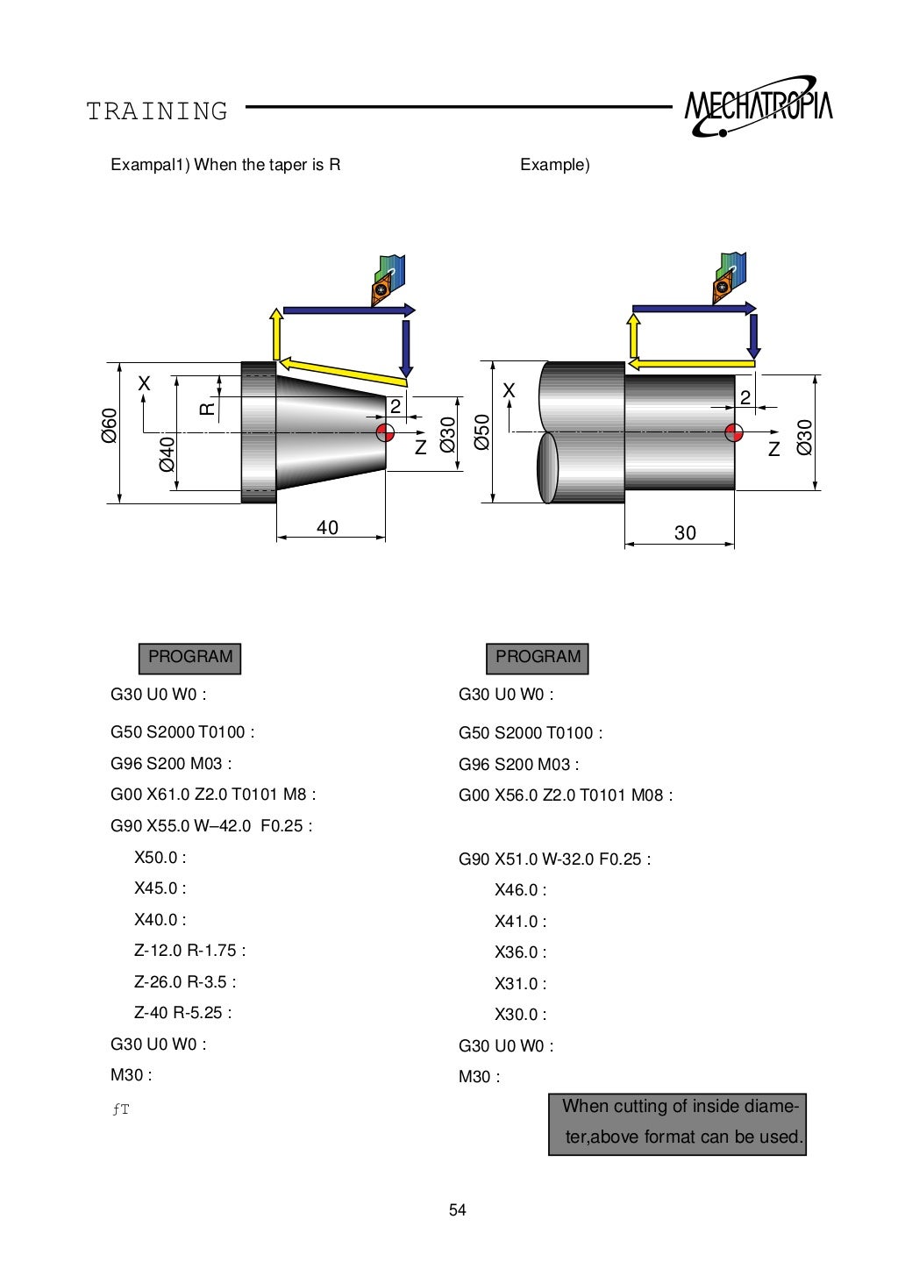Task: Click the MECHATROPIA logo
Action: [758, 108]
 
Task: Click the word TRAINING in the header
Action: [157, 111]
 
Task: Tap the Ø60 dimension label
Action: [109, 425]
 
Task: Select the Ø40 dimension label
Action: [167, 454]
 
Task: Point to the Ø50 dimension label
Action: [481, 431]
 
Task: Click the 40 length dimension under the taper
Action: [327, 528]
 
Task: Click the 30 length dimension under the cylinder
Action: [685, 532]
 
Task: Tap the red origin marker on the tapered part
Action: [385, 432]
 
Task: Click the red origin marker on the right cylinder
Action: [734, 431]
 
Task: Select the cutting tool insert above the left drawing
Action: [381, 289]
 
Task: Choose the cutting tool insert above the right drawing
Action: [722, 287]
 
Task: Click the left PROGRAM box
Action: [189, 658]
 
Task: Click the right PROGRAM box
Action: [538, 658]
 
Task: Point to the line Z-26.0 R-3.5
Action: [185, 981]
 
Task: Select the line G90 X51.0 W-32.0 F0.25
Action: [554, 859]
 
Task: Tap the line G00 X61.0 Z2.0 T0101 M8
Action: [213, 795]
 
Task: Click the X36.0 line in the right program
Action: [520, 952]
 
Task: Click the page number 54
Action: [458, 1210]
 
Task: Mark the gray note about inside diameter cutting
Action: [677, 1123]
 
